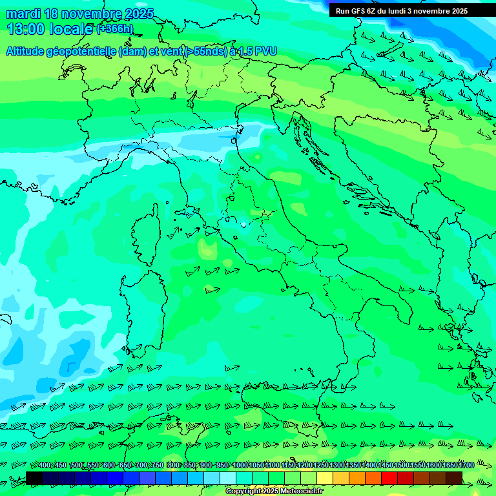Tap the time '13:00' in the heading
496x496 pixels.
(x=26, y=28)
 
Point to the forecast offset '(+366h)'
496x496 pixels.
(x=114, y=28)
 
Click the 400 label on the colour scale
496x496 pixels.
(x=45, y=466)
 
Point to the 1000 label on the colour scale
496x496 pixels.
(x=240, y=466)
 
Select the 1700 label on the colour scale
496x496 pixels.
(x=466, y=466)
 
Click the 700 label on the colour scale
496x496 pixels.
(x=141, y=466)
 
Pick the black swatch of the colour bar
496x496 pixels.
(x=34, y=478)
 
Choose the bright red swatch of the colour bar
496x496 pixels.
(x=389, y=478)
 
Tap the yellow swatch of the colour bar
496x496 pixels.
(x=324, y=478)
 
